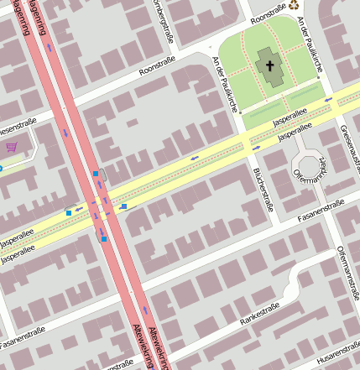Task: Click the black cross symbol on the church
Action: (x=270, y=65)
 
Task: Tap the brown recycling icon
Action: (x=295, y=6)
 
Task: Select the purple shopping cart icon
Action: (x=11, y=148)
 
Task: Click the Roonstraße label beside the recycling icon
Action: (x=269, y=15)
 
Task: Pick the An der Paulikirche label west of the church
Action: (x=226, y=84)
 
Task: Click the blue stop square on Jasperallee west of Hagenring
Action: (x=69, y=212)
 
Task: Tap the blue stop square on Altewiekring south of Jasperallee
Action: (x=104, y=238)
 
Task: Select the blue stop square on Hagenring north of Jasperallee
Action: (x=96, y=174)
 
